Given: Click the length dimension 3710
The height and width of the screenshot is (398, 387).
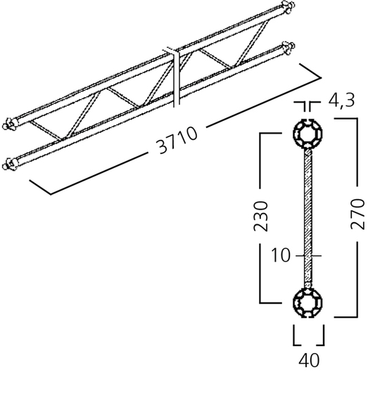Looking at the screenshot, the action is point(177,140).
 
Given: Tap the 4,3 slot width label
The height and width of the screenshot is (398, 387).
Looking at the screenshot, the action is point(341,101).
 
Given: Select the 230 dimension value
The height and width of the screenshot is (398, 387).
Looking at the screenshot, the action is point(261,217).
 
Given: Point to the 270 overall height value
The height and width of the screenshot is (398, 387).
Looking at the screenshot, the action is point(357,214).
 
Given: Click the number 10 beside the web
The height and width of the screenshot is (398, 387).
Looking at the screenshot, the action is point(280,255).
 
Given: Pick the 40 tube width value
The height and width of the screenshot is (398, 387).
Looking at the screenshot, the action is point(309,361).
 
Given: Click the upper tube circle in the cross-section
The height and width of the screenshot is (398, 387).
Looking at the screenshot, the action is point(307,133).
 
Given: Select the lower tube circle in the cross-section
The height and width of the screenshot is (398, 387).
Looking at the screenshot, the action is point(307,303).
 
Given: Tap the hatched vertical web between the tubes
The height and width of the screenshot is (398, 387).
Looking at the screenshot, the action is point(308,218).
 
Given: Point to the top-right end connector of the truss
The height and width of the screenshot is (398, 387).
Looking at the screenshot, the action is point(288,6).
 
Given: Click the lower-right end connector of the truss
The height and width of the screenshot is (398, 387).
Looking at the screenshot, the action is point(288,48).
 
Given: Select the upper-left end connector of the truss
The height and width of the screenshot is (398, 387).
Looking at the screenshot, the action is point(10,124).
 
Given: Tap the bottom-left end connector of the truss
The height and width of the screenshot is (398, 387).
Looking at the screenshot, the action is point(10,165).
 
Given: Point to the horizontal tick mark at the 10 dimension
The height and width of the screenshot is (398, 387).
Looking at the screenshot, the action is point(308,255).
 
